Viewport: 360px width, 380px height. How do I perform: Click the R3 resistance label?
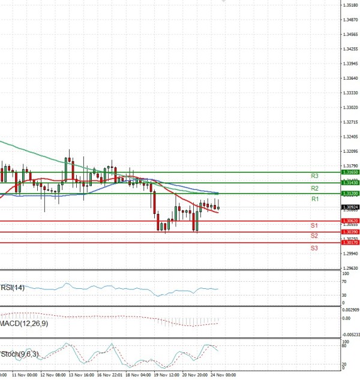pos(314,176)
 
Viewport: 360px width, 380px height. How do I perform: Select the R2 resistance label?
pos(314,188)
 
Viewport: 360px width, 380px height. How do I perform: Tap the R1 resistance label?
pos(314,199)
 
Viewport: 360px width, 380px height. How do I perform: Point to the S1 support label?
pos(314,225)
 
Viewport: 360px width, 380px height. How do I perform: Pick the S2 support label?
pos(314,236)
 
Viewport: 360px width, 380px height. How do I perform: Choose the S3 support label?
pos(314,248)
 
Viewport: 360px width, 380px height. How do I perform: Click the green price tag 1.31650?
pos(350,172)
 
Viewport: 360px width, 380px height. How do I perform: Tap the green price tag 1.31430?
pos(350,183)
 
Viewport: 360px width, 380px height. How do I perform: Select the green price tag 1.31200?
pos(350,194)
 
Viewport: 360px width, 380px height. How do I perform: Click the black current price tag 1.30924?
pos(350,207)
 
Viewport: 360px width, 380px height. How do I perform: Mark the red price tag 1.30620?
pos(350,221)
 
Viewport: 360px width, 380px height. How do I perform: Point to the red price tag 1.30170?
pos(350,243)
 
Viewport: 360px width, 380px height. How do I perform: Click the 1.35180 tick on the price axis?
pos(350,5)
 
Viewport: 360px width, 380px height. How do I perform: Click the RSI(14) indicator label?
pos(13,287)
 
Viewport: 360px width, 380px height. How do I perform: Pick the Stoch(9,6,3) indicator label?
pos(20,354)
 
